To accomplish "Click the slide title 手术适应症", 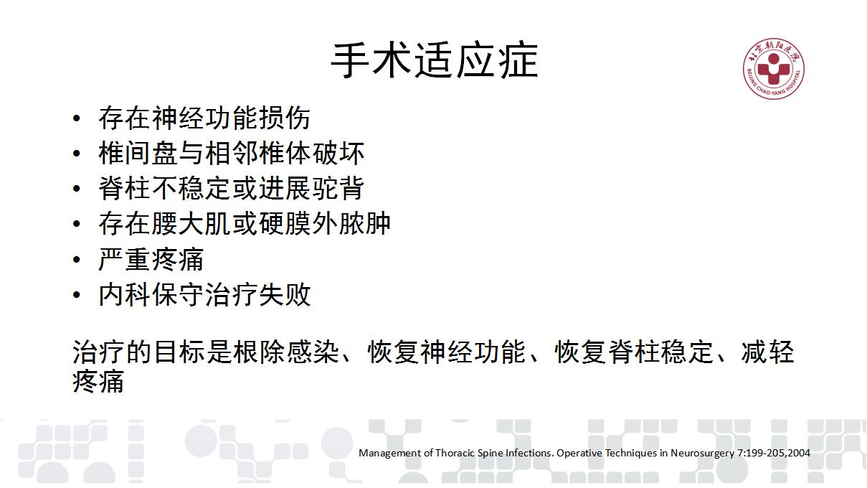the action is (x=435, y=60).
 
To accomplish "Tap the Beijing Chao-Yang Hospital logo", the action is (x=773, y=69).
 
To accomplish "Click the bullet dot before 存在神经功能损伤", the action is (x=77, y=118).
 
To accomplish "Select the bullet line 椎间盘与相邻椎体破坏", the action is (x=232, y=154).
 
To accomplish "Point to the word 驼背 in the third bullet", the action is (x=338, y=189).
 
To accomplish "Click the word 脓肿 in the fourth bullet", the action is (x=364, y=224).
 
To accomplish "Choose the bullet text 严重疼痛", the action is (x=151, y=259).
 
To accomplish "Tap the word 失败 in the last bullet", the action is (x=285, y=294).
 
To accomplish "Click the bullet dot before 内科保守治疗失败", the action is (x=77, y=295).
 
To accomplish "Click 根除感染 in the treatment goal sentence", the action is (x=286, y=352).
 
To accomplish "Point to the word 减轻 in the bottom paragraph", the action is (x=768, y=352).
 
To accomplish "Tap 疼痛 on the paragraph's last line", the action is (x=98, y=382).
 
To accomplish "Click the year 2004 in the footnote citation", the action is (x=798, y=453).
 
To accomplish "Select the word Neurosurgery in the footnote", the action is (x=703, y=454).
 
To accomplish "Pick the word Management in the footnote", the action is (x=390, y=454).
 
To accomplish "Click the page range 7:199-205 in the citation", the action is (x=761, y=453).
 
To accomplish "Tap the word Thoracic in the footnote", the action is (x=455, y=453).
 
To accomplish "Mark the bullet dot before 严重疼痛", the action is (x=77, y=260).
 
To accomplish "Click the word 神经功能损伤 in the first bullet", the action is (x=232, y=118).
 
